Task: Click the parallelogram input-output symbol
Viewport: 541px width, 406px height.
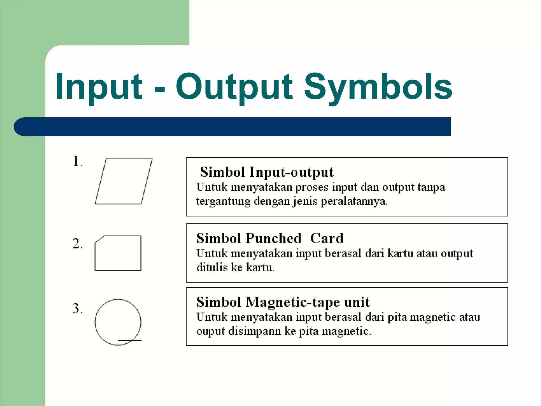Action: click(x=124, y=181)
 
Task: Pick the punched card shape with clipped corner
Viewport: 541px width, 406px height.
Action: click(x=118, y=253)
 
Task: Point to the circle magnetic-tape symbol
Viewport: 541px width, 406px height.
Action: click(x=118, y=322)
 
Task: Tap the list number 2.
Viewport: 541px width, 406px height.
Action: click(x=77, y=243)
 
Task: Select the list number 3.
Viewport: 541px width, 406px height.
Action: click(x=77, y=308)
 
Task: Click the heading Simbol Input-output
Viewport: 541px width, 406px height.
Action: click(x=267, y=172)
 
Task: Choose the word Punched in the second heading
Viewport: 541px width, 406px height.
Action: click(x=273, y=238)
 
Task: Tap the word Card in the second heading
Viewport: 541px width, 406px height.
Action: click(x=327, y=238)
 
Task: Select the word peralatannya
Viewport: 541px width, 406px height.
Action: click(x=354, y=201)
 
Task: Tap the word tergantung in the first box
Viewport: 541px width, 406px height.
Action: click(x=223, y=201)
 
